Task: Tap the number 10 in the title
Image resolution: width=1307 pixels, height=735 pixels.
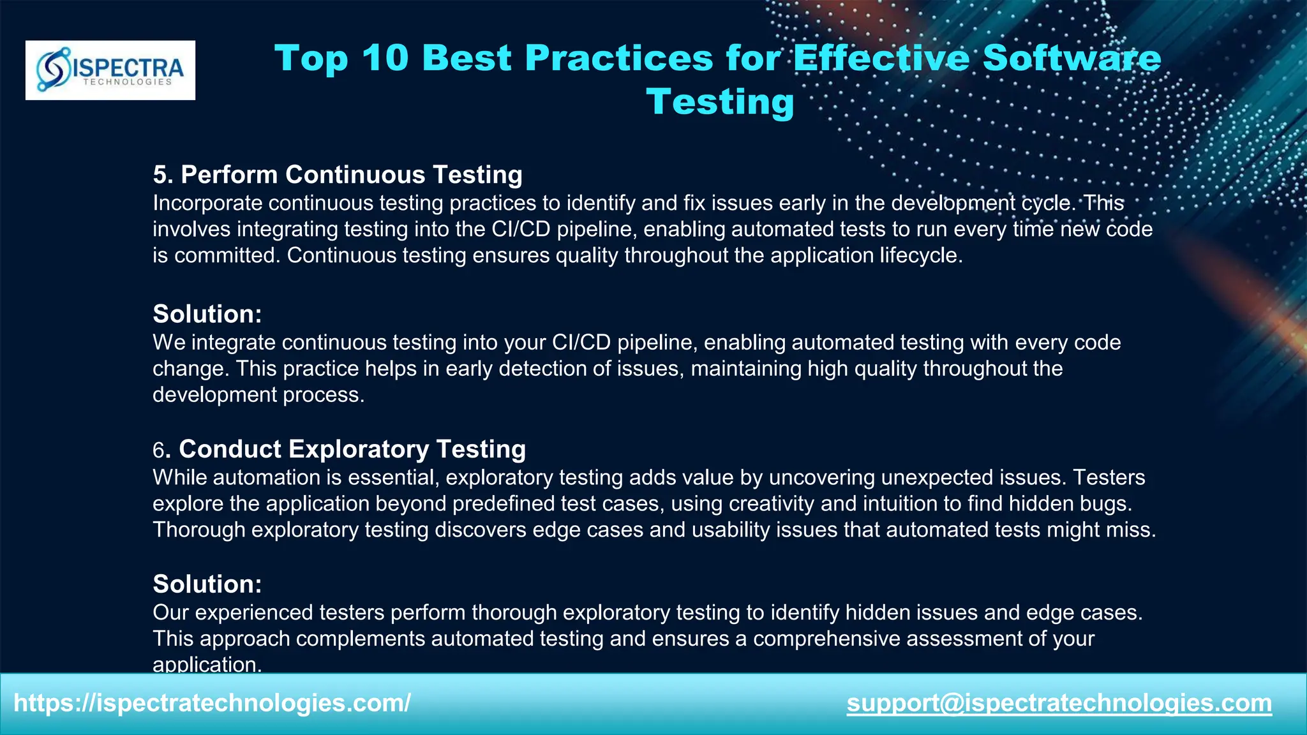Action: click(385, 58)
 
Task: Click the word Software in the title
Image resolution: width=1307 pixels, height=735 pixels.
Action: click(1072, 58)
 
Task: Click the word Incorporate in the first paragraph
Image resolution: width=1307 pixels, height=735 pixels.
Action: click(207, 204)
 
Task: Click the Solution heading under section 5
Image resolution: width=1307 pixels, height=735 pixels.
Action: click(207, 314)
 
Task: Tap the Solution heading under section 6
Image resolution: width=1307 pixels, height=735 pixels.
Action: click(207, 584)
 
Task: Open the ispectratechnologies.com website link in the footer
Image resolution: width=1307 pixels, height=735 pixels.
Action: click(212, 703)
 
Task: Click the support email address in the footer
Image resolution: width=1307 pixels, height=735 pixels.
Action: click(1059, 703)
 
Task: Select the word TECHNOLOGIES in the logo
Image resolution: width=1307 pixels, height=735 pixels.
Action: click(127, 82)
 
